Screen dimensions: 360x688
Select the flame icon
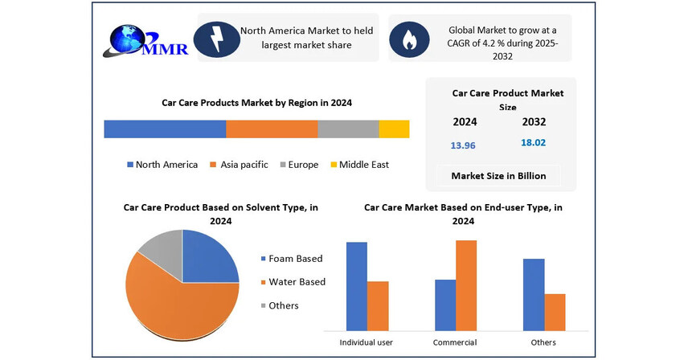[408, 38]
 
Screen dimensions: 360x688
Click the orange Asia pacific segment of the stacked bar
[272, 129]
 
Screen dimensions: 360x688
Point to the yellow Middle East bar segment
[394, 129]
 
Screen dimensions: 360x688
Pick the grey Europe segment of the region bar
[348, 129]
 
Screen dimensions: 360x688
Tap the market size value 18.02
[534, 142]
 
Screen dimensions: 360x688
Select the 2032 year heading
[534, 122]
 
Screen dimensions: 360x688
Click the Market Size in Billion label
[498, 176]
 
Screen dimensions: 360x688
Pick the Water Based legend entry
[293, 282]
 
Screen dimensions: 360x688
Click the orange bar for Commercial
[466, 285]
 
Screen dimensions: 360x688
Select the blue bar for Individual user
[357, 286]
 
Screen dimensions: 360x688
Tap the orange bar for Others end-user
[555, 312]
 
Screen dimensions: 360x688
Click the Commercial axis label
[455, 342]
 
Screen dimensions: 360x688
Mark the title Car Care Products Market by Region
[257, 103]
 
